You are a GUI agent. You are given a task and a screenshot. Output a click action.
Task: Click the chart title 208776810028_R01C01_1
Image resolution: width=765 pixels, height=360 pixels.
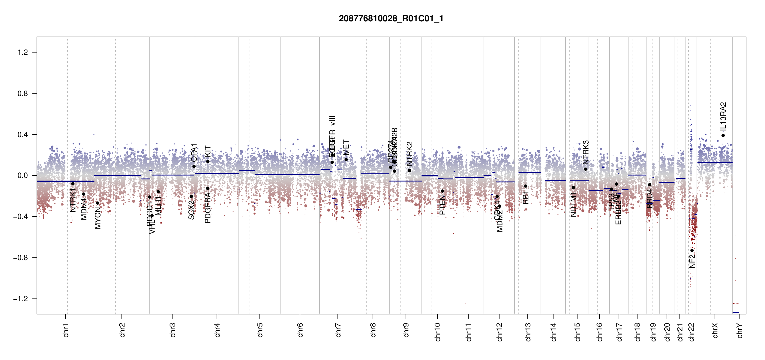391,19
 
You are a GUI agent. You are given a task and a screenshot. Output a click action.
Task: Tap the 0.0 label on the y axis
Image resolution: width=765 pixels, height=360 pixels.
22,175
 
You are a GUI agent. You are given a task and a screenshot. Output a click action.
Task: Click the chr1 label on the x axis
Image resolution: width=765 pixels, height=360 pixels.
66,330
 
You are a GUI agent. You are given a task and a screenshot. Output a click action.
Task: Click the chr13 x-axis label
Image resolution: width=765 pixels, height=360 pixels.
528,332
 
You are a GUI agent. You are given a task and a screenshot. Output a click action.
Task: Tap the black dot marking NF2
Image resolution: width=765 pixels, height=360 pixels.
692,250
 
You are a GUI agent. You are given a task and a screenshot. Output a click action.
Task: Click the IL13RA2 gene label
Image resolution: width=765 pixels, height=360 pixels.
723,116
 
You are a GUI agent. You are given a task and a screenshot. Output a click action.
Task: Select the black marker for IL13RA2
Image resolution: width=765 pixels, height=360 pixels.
723,135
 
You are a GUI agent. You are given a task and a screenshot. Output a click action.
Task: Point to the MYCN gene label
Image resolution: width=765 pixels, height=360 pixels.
98,217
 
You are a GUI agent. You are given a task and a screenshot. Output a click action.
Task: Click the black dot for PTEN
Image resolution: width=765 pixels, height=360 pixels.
442,191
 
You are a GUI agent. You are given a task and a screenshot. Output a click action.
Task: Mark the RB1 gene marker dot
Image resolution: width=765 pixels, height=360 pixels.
526,186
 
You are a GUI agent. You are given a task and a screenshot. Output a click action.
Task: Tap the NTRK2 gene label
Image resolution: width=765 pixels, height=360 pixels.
410,154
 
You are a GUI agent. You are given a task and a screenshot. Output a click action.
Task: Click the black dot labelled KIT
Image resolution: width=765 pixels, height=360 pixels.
208,161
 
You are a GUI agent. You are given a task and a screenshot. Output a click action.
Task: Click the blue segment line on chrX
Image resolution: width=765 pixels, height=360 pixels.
715,163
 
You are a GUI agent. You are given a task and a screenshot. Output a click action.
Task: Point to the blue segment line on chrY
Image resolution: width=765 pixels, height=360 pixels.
736,312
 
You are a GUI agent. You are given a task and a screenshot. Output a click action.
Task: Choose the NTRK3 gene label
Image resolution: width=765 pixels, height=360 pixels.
586,152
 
